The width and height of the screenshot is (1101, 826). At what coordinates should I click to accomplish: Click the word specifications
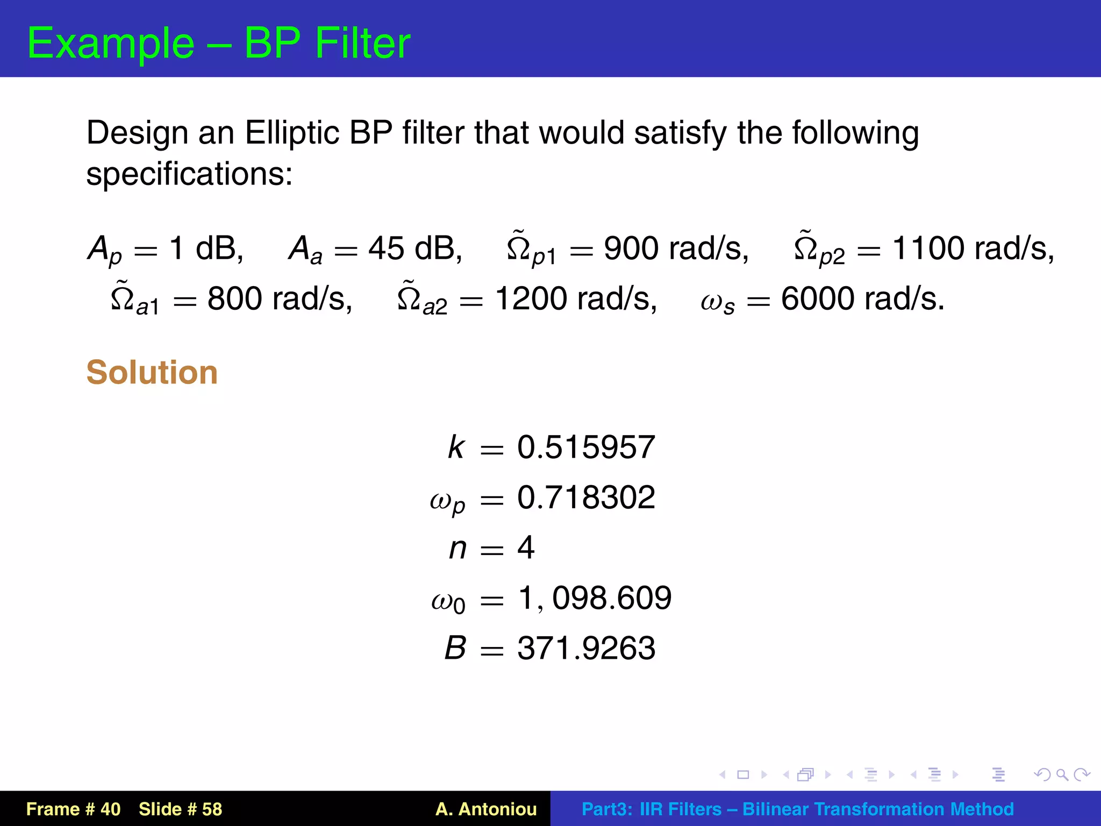point(189,174)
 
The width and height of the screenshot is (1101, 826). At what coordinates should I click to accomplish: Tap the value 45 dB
point(414,249)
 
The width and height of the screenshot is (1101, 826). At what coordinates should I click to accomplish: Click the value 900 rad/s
point(675,249)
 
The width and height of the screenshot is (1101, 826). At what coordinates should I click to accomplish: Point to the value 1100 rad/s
point(972,249)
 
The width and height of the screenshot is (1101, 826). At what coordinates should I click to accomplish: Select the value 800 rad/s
point(280,298)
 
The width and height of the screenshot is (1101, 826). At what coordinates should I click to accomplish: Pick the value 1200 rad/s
point(575,298)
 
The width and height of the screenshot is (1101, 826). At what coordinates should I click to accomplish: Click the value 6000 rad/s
point(862,298)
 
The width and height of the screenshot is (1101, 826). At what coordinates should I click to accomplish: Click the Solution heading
point(152,372)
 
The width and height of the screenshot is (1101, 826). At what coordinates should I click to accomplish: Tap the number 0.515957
point(586,447)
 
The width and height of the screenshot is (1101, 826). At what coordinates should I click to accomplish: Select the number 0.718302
point(586,497)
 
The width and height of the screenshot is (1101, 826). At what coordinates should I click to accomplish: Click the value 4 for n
point(525,547)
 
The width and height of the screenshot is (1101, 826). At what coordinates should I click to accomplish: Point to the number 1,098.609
point(595,597)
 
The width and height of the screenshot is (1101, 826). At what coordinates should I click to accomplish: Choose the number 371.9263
point(586,648)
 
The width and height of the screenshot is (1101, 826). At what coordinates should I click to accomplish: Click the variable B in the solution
point(455,648)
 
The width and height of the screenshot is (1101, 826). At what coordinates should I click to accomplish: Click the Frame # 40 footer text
point(74,809)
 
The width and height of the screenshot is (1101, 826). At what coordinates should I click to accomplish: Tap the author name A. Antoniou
point(486,809)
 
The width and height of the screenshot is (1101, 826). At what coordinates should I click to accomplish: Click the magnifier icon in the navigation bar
point(1062,774)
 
